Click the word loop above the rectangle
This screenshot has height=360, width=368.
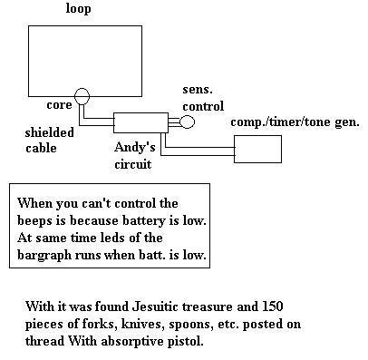pos(78,9)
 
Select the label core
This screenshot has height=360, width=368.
pos(59,105)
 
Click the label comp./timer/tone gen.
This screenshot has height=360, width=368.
pos(295,122)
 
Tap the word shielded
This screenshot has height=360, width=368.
pos(49,132)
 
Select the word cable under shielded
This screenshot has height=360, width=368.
pos(41,148)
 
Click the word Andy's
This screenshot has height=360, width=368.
pos(135,147)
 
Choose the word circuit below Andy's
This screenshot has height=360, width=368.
pos(132,164)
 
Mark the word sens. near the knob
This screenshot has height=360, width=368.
pos(198,90)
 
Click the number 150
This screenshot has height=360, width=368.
pos(273,306)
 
